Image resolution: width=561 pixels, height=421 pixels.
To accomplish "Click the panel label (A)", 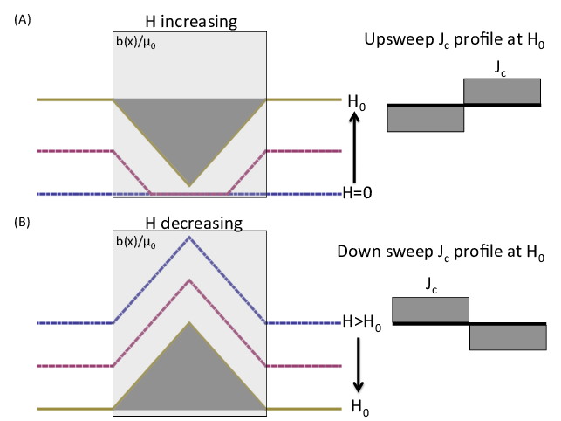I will click(x=21, y=20).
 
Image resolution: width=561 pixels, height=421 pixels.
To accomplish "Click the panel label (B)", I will click(x=21, y=222).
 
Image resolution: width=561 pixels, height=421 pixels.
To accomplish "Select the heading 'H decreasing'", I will click(x=190, y=222).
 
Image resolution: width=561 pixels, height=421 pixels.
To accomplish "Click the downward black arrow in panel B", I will click(x=357, y=367).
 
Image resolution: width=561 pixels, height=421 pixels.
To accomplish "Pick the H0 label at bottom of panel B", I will click(x=358, y=407).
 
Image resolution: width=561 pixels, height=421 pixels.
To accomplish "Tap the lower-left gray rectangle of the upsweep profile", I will click(x=425, y=119).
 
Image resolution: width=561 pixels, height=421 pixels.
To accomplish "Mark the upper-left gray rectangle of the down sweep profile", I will click(x=431, y=310).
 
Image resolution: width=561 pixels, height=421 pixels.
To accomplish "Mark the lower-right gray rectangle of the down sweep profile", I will click(x=508, y=337).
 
